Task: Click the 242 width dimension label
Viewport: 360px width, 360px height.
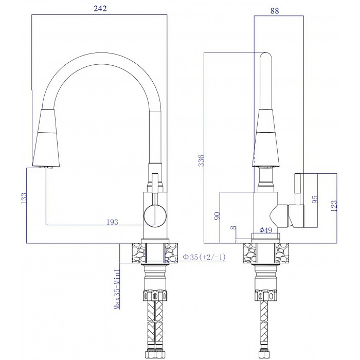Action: pyautogui.click(x=100, y=8)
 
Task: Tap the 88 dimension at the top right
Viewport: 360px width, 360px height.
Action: pyautogui.click(x=274, y=11)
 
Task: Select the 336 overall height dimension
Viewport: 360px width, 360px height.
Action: pyautogui.click(x=201, y=160)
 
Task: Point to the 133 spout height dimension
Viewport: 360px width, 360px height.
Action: pyautogui.click(x=24, y=198)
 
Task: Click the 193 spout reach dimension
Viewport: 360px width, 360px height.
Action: pyautogui.click(x=113, y=222)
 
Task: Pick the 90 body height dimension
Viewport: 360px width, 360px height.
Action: pyautogui.click(x=217, y=216)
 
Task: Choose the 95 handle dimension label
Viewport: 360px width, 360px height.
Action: pyautogui.click(x=315, y=199)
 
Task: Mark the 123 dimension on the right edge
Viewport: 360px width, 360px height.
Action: pyautogui.click(x=334, y=206)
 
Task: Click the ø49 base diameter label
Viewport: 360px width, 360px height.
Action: pyautogui.click(x=266, y=230)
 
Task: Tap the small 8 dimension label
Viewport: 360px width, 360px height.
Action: pyautogui.click(x=233, y=227)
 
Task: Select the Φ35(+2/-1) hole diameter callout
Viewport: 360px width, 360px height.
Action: pyautogui.click(x=204, y=257)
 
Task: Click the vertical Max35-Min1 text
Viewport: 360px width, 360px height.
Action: pyautogui.click(x=117, y=289)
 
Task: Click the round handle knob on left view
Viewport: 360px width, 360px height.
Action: pyautogui.click(x=155, y=215)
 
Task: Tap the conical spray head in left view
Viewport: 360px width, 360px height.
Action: pyautogui.click(x=46, y=138)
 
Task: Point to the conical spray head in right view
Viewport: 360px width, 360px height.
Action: pyautogui.click(x=266, y=138)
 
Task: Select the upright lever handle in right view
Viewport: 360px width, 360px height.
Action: pyautogui.click(x=298, y=189)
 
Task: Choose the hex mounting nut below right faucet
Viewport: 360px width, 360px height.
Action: pyautogui.click(x=266, y=296)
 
